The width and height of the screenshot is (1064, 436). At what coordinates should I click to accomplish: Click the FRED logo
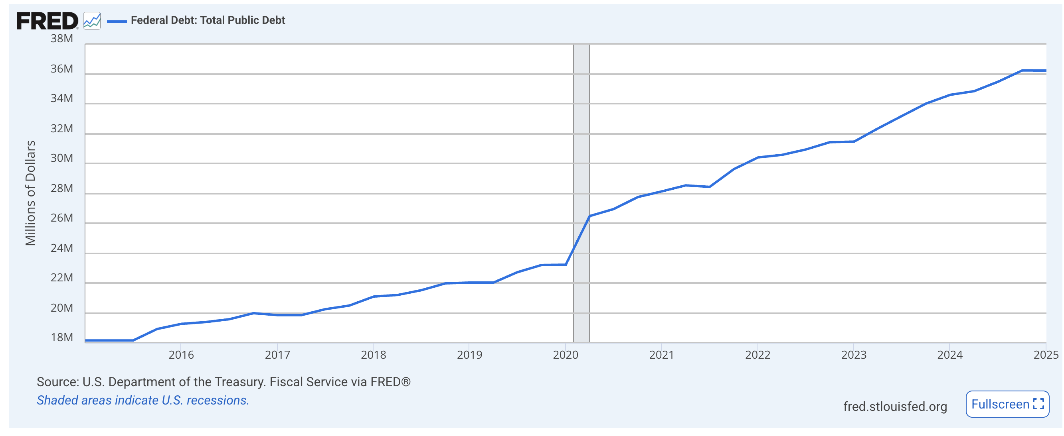47,21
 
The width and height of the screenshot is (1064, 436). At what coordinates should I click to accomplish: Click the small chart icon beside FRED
92,21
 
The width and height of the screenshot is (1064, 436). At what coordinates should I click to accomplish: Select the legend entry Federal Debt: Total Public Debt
208,20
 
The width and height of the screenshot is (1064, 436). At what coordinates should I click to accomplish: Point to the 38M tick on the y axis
61,39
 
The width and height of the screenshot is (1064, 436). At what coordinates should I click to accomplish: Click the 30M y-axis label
61,158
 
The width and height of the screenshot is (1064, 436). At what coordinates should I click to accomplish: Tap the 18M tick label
61,338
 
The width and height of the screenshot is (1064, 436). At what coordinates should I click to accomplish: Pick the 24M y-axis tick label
61,248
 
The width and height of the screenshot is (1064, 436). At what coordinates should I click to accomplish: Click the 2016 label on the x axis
181,355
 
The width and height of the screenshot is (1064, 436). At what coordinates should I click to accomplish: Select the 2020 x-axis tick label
566,355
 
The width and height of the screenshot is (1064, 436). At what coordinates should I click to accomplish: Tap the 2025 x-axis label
1045,355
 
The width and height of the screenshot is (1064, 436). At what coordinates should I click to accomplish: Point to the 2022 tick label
757,355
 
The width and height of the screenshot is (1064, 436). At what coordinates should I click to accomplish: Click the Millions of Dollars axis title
31,193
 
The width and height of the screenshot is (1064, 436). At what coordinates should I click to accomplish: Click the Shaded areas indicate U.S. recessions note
143,401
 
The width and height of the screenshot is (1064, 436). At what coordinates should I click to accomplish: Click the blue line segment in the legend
117,21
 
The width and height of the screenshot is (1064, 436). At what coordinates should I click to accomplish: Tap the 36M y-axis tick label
61,69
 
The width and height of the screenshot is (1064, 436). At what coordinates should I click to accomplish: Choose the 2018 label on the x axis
373,355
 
